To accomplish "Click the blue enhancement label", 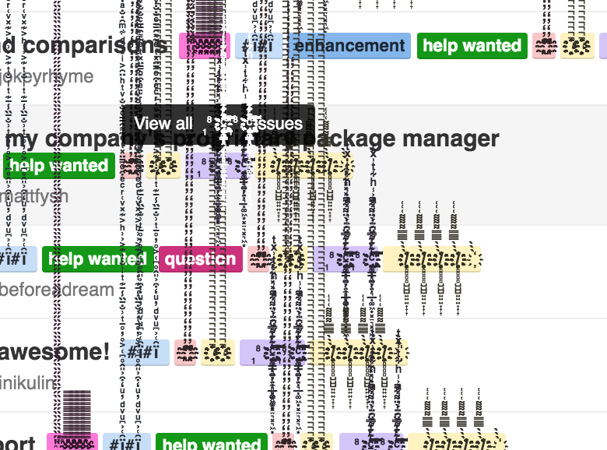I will coord(350,46).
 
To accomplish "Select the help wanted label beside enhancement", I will coord(472,46).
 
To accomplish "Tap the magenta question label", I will coord(200,259).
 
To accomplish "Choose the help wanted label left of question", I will coord(97,259).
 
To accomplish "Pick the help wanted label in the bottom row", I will coord(212,442).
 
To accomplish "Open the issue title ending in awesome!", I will coord(54,352).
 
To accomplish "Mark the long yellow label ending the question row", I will coord(432,259).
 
